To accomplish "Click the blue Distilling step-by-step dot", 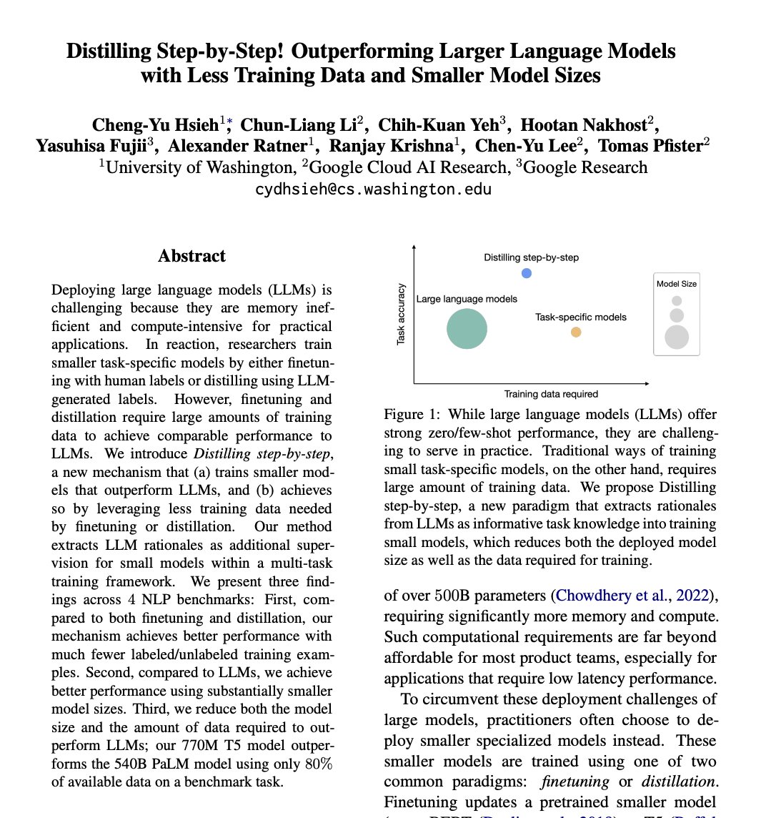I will (527, 273).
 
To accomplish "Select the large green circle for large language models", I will (467, 329).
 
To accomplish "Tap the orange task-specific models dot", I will (576, 332).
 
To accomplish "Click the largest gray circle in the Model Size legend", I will (676, 337).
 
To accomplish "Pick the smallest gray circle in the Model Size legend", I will (677, 301).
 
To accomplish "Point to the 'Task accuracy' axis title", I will (401, 313).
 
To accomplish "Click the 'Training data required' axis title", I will (551, 394).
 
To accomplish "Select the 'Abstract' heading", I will (191, 256).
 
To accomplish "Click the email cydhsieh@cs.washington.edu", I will (374, 189).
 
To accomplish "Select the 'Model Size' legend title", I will (676, 284).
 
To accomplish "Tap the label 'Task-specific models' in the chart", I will (580, 317).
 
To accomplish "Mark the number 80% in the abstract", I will (317, 763).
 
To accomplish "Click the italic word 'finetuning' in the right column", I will (574, 782).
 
